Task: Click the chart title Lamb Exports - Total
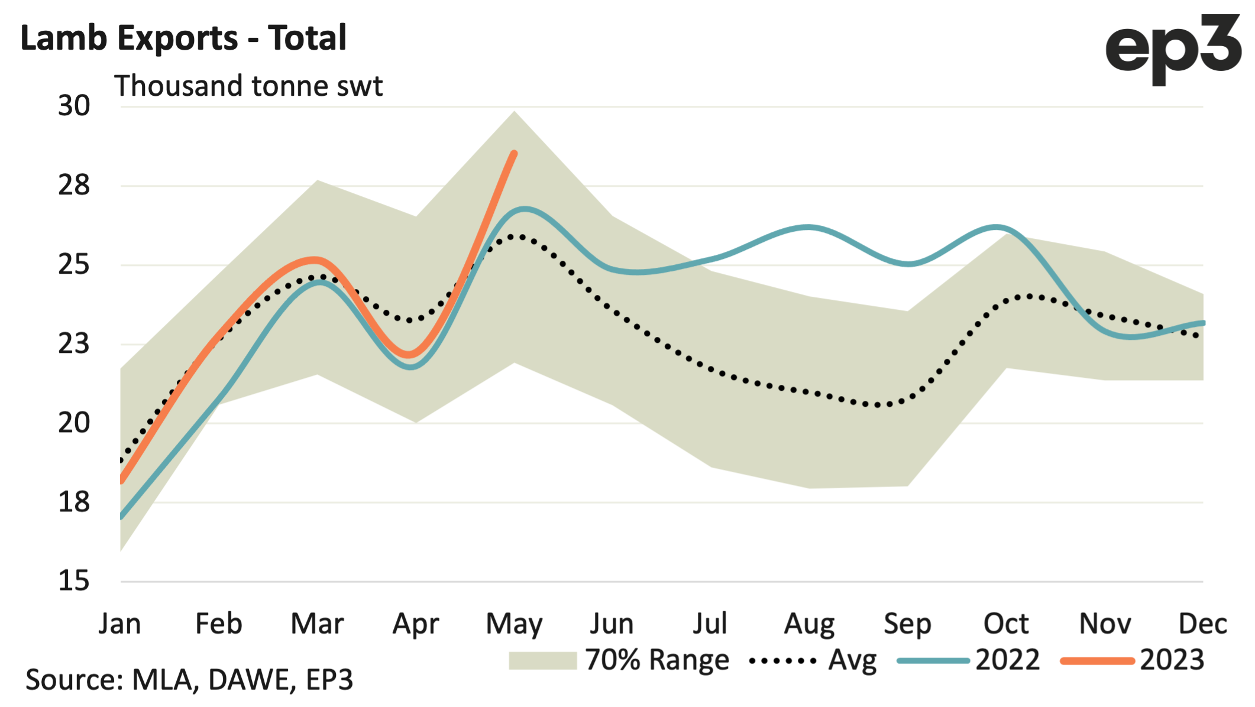tap(183, 38)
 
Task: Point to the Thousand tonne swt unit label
tap(248, 86)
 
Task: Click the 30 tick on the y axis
tap(74, 106)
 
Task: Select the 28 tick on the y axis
tap(74, 186)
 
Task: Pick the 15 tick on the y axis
tap(74, 581)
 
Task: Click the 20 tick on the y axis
tap(74, 423)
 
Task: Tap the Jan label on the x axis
tap(120, 624)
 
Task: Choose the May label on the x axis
tap(514, 624)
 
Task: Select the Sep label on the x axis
tap(907, 624)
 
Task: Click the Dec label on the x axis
tap(1202, 624)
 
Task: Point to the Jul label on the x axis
tap(710, 624)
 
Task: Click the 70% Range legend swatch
tap(542, 660)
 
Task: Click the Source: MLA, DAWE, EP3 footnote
tap(189, 680)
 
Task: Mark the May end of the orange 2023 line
tap(515, 154)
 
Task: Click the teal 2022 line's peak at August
tap(809, 227)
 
